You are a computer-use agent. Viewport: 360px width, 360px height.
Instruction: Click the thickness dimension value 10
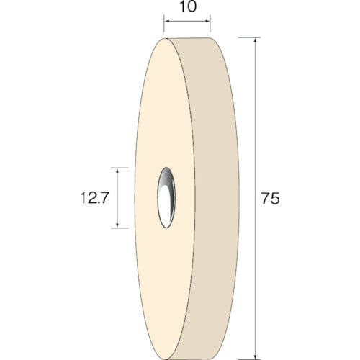pyautogui.click(x=186, y=11)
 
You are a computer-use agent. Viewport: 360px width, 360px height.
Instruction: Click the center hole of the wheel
pyautogui.click(x=165, y=197)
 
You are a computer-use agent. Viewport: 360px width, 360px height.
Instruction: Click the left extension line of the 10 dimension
pyautogui.click(x=164, y=29)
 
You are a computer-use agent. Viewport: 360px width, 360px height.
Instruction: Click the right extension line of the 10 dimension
pyautogui.click(x=210, y=29)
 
